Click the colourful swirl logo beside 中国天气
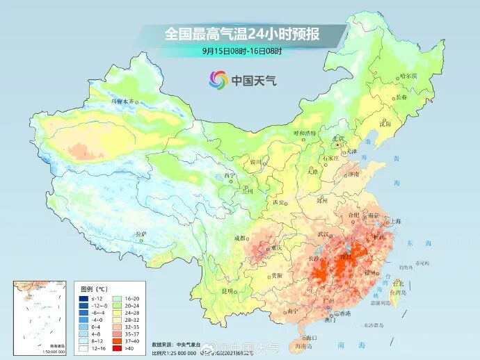[218, 80]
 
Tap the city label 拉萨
[141, 234]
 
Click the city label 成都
[241, 238]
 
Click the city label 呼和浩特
[304, 133]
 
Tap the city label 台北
[398, 284]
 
